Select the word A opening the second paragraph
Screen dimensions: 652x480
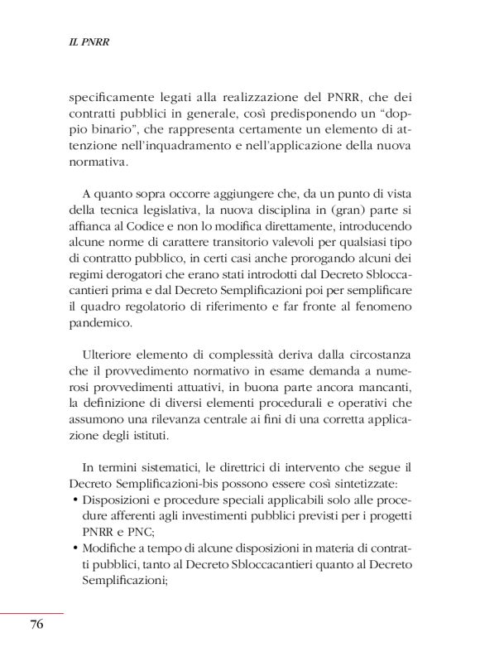[86, 196]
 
